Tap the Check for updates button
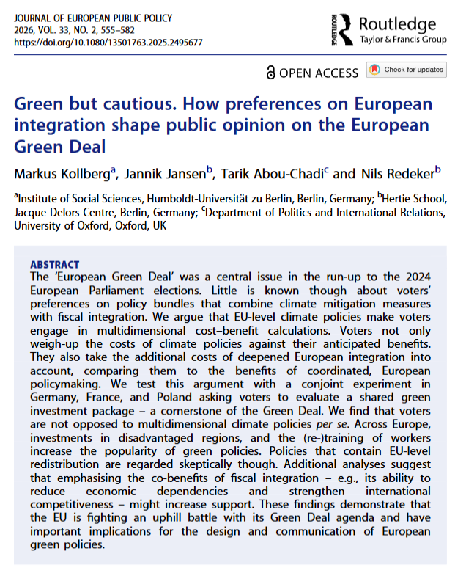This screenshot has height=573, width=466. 407,70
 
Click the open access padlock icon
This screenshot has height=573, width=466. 272,72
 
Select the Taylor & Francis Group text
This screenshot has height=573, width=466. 402,40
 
